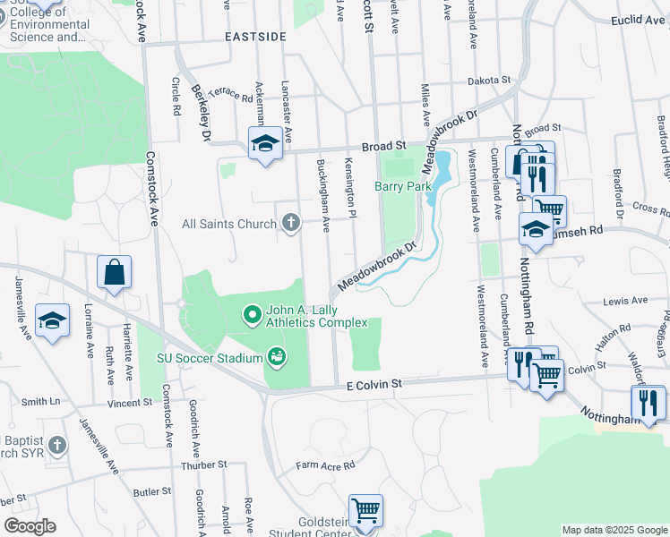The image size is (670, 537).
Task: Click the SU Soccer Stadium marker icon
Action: pos(278,358)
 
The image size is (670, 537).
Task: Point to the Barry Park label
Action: pos(403,186)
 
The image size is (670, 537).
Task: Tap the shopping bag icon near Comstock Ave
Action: pos(115,273)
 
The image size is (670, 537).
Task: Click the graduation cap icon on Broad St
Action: pos(265,145)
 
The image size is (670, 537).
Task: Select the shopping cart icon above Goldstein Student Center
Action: pos(366,512)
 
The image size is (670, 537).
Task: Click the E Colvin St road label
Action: pos(375,383)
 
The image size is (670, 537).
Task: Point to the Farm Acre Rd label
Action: pos(326,465)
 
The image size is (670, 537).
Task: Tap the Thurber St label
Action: pos(204,465)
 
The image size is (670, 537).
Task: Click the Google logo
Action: pos(29,526)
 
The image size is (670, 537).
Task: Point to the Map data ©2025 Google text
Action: pos(614,530)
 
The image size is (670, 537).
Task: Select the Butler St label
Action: pos(151,491)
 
